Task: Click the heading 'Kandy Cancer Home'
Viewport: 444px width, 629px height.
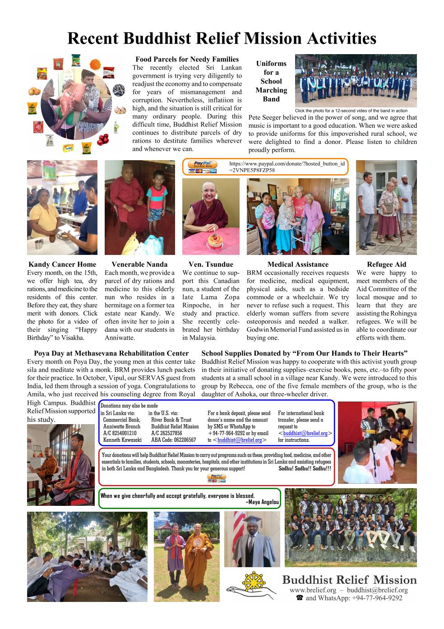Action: point(62,264)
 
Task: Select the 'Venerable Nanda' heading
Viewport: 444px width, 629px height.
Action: point(139,264)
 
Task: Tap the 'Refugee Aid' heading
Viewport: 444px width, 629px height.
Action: point(386,264)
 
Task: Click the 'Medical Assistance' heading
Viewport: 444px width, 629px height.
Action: point(298,264)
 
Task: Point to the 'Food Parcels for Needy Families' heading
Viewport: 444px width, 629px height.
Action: point(187,59)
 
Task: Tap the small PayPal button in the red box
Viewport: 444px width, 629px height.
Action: point(216,478)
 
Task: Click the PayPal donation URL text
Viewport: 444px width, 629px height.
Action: point(287,166)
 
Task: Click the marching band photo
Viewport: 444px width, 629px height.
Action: point(356,80)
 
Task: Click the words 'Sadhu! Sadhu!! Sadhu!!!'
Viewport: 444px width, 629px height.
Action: point(305,468)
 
